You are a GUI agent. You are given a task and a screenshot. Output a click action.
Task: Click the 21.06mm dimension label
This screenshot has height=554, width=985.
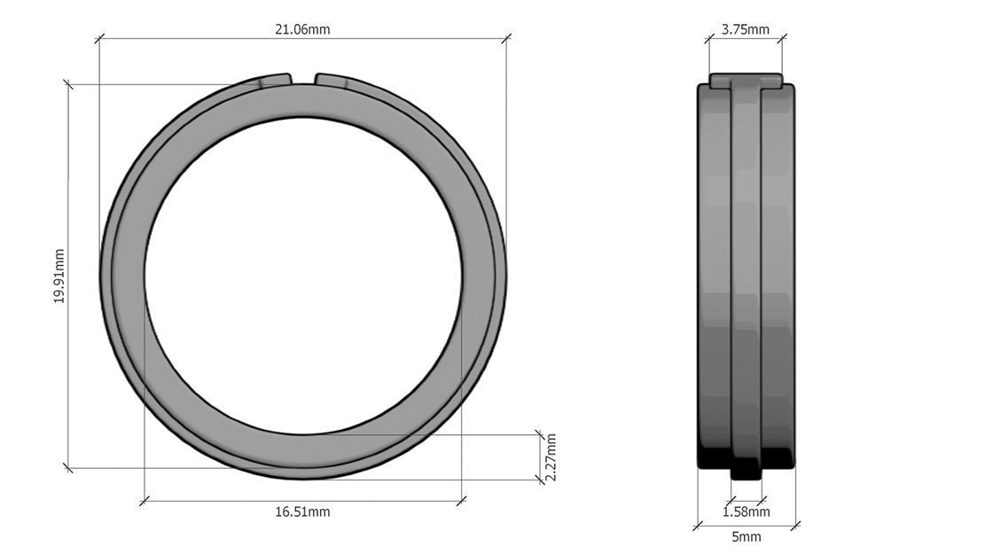(302, 29)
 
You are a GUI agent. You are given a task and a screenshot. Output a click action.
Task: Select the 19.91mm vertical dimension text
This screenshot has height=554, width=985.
(59, 276)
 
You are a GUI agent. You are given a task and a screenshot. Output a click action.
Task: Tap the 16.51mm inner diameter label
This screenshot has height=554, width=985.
(302, 511)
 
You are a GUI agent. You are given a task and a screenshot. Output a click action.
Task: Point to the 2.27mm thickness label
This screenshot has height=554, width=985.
(551, 457)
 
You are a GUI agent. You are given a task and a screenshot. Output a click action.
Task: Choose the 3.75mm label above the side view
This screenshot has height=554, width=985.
(745, 29)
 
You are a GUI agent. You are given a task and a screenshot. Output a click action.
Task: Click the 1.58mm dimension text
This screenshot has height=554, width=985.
(746, 511)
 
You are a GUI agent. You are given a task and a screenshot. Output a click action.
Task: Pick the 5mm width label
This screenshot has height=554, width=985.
(746, 536)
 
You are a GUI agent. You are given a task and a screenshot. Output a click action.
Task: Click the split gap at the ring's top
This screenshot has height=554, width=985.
(303, 79)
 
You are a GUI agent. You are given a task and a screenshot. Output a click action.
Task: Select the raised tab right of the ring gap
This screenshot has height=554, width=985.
(337, 81)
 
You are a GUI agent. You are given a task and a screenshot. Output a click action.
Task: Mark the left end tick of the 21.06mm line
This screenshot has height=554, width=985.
(99, 38)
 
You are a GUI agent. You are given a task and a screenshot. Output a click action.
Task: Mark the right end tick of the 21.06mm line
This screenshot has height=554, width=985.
(506, 38)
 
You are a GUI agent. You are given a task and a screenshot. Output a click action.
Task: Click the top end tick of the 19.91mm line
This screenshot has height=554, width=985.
(68, 84)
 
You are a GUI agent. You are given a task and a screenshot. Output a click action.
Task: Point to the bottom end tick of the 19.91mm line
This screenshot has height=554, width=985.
(68, 467)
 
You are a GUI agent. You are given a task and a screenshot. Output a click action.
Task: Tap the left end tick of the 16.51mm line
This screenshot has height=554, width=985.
(145, 501)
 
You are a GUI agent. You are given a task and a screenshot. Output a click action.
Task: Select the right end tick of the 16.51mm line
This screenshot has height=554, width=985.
(461, 501)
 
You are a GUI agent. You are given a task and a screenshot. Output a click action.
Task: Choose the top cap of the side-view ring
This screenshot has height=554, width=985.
(746, 81)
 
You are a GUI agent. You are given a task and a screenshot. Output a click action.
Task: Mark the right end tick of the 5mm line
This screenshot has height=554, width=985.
(795, 526)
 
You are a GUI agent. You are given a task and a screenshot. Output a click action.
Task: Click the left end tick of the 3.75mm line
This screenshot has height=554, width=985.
(709, 38)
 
